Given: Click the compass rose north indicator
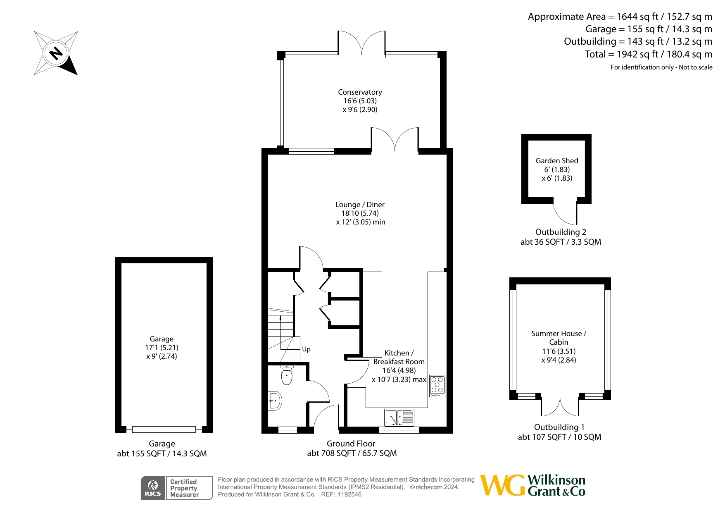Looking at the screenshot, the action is point(56,53).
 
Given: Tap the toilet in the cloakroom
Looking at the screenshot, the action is point(287,375).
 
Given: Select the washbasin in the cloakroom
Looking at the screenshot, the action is point(275,401).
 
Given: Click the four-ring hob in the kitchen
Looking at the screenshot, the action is point(437,386).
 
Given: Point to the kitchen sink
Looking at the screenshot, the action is point(399,418).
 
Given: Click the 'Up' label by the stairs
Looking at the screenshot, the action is point(306,349).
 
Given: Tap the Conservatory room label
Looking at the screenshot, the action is point(360,92).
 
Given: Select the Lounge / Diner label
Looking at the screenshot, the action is point(360,205).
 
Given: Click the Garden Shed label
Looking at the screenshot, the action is point(557,161).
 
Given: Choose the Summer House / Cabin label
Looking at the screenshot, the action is point(559,338).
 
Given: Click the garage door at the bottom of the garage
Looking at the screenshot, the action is point(164,429).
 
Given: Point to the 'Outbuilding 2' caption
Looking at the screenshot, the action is point(561,232).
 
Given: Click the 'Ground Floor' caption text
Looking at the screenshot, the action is point(351,444).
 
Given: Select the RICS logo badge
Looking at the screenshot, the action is point(153,488).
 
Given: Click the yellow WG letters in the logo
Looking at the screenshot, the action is point(503,485).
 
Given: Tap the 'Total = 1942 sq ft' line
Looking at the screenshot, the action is point(649,54).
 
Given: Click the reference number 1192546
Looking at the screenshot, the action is point(349,494).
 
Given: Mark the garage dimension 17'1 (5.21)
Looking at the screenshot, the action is point(162,348).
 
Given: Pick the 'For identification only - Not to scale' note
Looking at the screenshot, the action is point(661,67).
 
